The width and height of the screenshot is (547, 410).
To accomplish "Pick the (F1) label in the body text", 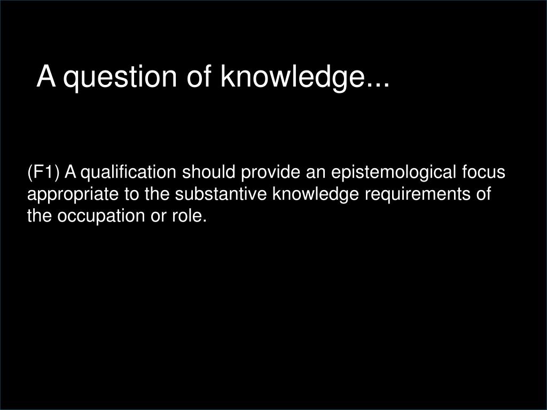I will [44, 174].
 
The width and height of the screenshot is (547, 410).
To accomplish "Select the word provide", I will [270, 174].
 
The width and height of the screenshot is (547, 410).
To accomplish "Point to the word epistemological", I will [394, 174].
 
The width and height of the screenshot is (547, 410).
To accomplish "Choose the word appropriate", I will [74, 195].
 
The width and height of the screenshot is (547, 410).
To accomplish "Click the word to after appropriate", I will [132, 194].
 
